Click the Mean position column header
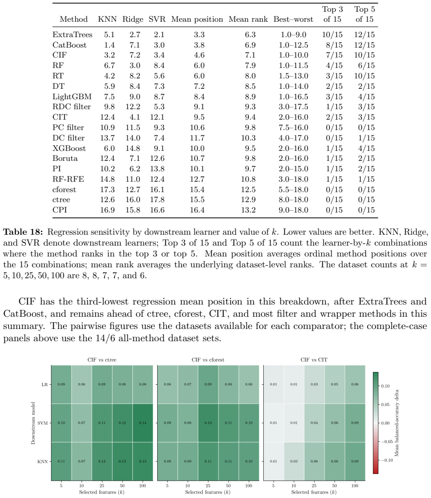[x=197, y=19]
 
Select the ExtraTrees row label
[x=73, y=34]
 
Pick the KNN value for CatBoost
[x=110, y=45]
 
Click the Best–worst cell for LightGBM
[x=294, y=97]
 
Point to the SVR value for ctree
[x=157, y=200]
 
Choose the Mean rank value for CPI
[x=248, y=210]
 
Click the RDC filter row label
[x=72, y=107]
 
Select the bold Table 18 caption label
[x=23, y=232]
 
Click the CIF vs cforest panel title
[x=208, y=360]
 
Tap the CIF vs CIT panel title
[x=314, y=360]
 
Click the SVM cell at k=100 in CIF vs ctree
[x=143, y=423]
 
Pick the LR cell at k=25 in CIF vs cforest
[x=208, y=384]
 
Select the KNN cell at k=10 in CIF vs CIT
[x=294, y=461]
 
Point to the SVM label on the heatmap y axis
[x=42, y=423]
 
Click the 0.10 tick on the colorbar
[x=385, y=386]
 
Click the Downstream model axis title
[x=33, y=423]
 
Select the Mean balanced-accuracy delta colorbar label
[x=397, y=423]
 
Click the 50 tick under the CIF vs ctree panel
[x=122, y=486]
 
